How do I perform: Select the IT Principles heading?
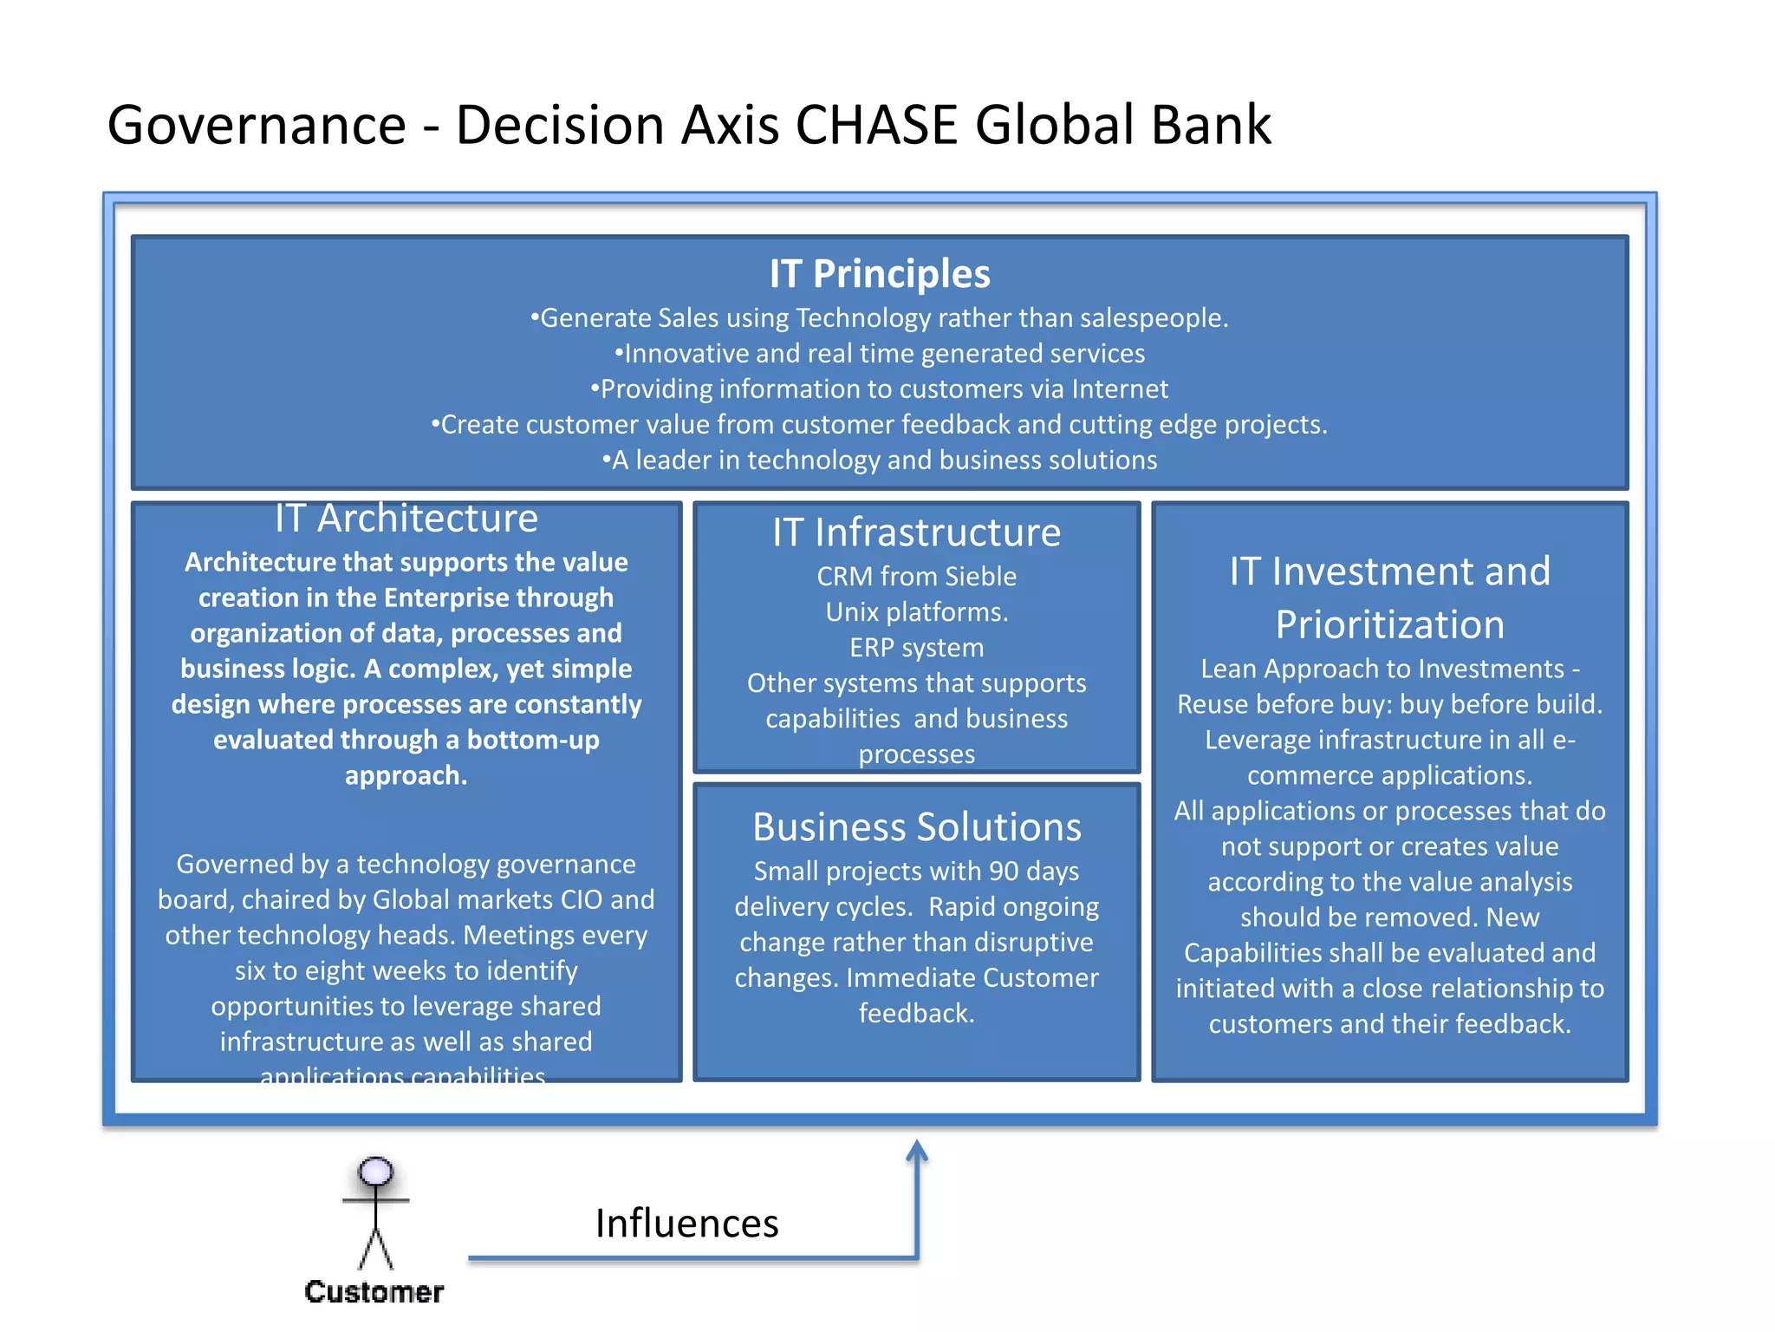[x=879, y=274]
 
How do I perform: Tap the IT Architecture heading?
[x=406, y=519]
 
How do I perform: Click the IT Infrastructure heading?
[x=916, y=532]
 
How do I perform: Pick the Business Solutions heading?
[x=916, y=827]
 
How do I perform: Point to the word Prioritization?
[x=1389, y=625]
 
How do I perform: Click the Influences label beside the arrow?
[x=686, y=1224]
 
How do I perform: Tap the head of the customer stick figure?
[x=375, y=1172]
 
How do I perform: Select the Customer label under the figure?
[x=374, y=1292]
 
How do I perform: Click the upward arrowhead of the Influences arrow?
[x=917, y=1152]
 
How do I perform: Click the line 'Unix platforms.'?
[x=916, y=612]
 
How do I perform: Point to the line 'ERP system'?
[x=916, y=648]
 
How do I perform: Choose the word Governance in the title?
[x=257, y=125]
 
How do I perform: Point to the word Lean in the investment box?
[x=1229, y=669]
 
